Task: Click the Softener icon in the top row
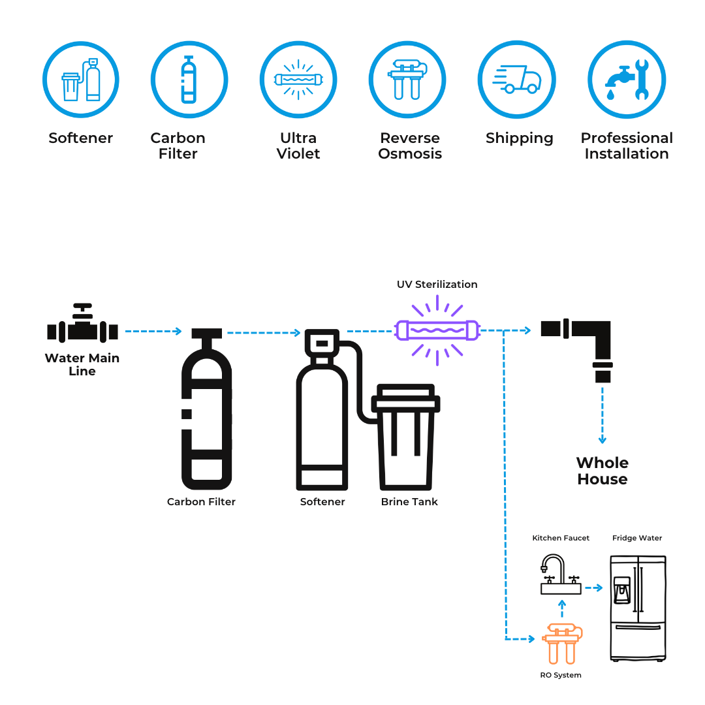click(x=81, y=80)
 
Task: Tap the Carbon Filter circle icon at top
click(x=189, y=80)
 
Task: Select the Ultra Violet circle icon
click(x=298, y=80)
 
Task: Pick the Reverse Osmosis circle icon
click(x=407, y=80)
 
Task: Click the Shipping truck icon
click(x=516, y=80)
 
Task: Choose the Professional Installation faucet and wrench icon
click(x=626, y=80)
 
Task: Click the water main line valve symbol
click(x=82, y=326)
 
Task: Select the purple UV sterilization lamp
click(x=437, y=330)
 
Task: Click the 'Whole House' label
click(x=602, y=471)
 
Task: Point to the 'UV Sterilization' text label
click(x=437, y=285)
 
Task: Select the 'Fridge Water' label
click(x=637, y=538)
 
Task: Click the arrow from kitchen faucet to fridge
click(x=593, y=588)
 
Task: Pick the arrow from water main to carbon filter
click(x=153, y=332)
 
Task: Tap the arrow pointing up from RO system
click(x=562, y=609)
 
